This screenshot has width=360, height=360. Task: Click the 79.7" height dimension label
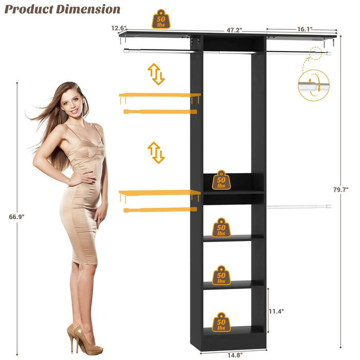[340, 190]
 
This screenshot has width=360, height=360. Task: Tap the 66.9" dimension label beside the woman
[16, 217]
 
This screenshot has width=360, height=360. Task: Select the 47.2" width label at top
[235, 30]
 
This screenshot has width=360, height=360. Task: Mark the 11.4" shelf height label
[276, 311]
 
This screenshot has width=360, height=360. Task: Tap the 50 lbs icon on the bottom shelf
[221, 322]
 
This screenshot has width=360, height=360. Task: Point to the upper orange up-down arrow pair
[156, 74]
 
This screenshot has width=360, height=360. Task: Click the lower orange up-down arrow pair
[156, 153]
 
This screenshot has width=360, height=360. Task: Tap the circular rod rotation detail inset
[314, 85]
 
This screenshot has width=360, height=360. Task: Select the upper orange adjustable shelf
[159, 95]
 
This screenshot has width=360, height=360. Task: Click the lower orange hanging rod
[160, 209]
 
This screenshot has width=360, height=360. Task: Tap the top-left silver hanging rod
[157, 50]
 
